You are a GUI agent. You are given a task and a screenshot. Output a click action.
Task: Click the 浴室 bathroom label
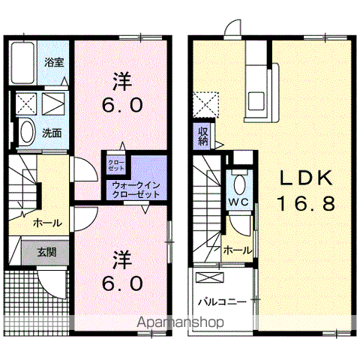[54, 62]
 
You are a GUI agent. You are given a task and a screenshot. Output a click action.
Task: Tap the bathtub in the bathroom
[22, 63]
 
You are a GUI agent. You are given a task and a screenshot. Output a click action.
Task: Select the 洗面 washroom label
[52, 133]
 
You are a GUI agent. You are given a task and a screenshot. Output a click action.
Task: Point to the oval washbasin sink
[27, 132]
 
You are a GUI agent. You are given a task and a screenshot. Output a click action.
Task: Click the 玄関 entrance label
[46, 253]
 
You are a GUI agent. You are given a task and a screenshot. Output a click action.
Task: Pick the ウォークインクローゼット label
[136, 190]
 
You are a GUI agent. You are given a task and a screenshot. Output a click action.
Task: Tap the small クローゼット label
[116, 165]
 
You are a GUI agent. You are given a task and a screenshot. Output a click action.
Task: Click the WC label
[238, 202]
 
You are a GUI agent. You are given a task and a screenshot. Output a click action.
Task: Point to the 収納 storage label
[203, 136]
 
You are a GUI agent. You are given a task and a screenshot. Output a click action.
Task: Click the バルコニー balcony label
[222, 301]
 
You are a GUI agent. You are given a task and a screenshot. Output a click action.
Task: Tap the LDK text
[306, 178]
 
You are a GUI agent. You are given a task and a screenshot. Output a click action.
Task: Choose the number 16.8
[305, 203]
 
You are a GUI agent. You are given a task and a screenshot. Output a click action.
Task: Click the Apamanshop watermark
[180, 322]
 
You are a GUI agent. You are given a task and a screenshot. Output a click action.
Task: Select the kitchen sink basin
[256, 100]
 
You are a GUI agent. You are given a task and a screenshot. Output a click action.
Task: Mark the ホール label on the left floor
[47, 223]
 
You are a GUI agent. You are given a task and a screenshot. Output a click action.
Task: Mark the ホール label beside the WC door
[237, 250]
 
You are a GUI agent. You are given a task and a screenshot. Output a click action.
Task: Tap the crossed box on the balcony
[210, 277]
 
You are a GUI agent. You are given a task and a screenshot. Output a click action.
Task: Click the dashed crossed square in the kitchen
[205, 105]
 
